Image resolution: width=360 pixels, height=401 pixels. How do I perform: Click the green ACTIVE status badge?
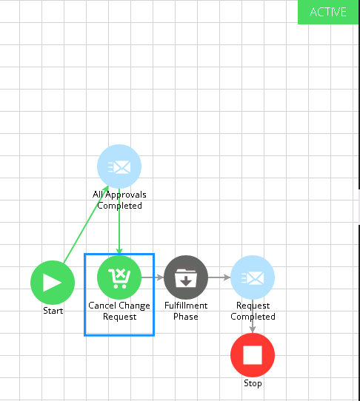point(328,12)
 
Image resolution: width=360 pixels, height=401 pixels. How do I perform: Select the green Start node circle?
point(53,283)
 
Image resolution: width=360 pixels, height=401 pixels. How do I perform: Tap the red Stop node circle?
point(253,355)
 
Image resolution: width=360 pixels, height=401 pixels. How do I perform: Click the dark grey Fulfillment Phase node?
point(186,277)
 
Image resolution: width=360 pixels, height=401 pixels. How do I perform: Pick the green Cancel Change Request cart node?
point(119,277)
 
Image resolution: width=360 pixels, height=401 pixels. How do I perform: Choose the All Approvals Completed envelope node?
point(119,166)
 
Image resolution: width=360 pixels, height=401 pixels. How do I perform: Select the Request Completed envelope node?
point(253,277)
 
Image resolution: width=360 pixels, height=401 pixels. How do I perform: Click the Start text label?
point(53,311)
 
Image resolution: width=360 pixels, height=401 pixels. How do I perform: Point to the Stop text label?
point(253,383)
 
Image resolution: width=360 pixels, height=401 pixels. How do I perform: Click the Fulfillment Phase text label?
point(186,311)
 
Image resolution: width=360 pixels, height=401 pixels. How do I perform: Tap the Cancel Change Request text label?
point(119,311)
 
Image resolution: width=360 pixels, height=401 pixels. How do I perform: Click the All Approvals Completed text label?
point(119,200)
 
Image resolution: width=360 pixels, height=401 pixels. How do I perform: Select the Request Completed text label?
point(253,311)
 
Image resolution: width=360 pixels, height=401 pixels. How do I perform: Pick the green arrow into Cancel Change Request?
point(119,221)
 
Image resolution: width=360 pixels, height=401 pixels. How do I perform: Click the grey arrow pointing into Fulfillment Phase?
point(153,277)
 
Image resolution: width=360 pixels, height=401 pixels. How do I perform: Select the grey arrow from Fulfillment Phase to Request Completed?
point(219,277)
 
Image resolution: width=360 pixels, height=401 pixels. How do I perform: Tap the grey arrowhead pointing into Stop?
point(253,329)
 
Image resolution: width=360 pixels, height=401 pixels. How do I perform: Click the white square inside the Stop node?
point(253,355)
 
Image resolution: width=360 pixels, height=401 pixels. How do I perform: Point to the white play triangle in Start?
point(52,283)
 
